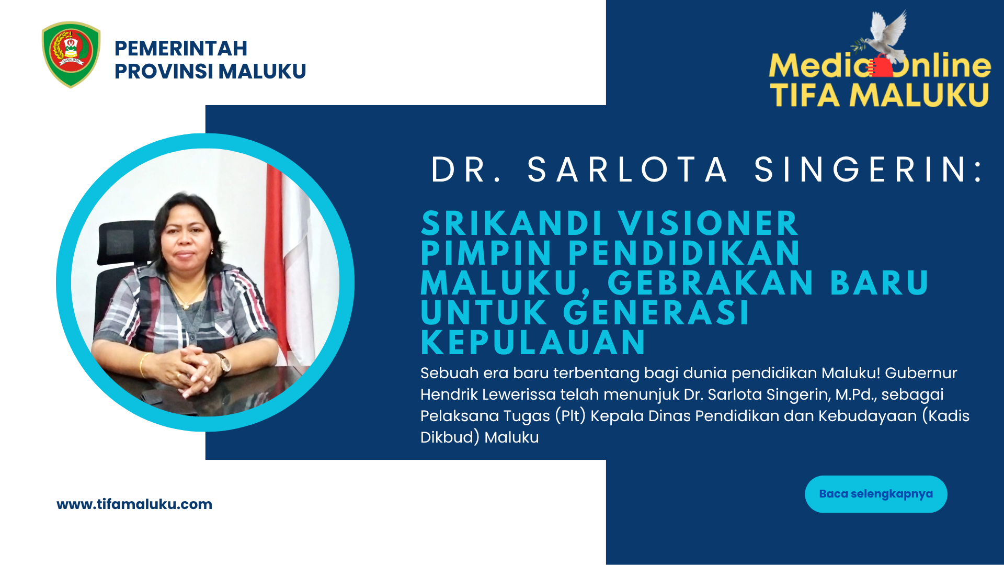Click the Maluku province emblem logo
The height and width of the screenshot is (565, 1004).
(x=71, y=54)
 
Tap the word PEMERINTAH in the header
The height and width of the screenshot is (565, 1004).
(x=181, y=49)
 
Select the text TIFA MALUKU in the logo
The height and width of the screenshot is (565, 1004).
(x=880, y=95)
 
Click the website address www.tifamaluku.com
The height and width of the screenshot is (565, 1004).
(x=134, y=504)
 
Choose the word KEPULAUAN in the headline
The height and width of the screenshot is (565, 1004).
(x=533, y=343)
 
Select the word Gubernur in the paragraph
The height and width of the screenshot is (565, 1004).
(x=921, y=373)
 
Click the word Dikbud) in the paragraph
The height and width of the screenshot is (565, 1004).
(x=450, y=437)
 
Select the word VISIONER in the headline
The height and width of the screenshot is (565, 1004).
(x=708, y=224)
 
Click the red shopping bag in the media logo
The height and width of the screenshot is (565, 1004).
(x=881, y=66)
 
